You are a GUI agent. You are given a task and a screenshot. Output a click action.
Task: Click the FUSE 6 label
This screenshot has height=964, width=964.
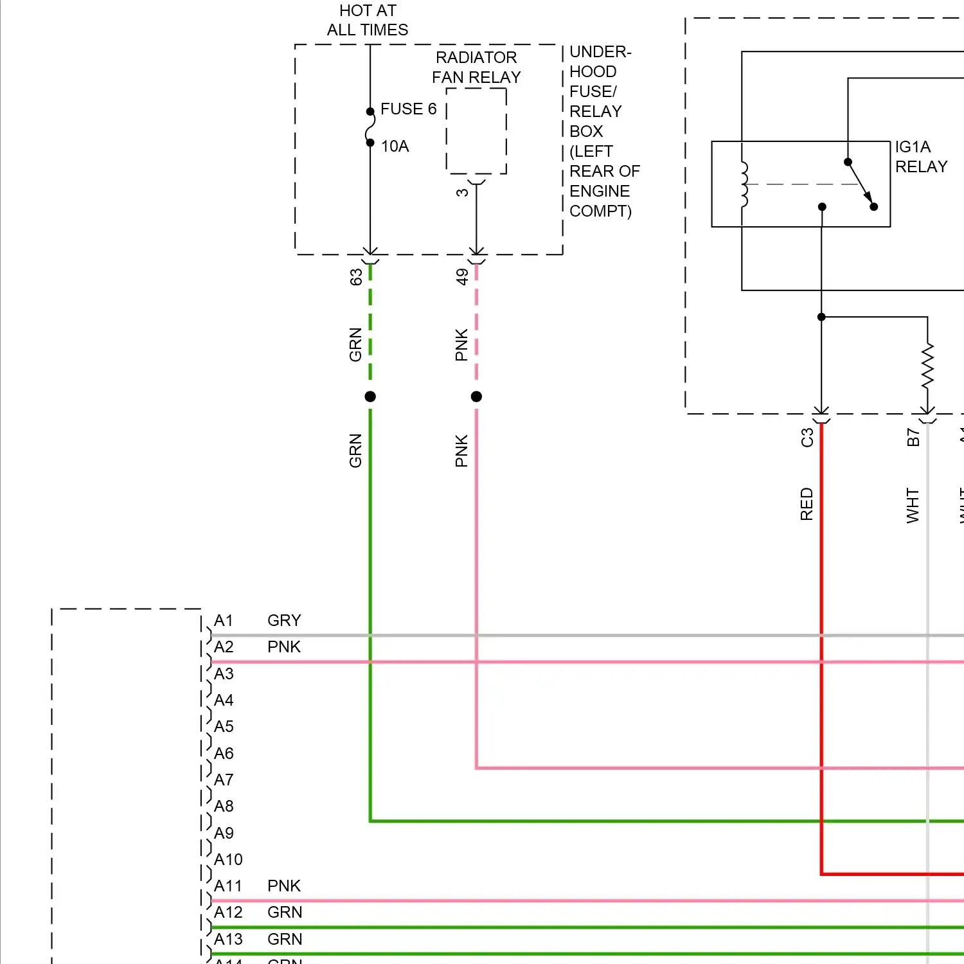pyautogui.click(x=408, y=109)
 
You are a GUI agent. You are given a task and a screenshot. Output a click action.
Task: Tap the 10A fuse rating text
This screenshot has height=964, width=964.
pyautogui.click(x=395, y=147)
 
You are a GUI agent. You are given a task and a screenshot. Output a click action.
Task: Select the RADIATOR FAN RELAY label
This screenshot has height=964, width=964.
pyautogui.click(x=476, y=67)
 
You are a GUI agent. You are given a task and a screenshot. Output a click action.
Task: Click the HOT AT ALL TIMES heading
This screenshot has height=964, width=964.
pyautogui.click(x=368, y=21)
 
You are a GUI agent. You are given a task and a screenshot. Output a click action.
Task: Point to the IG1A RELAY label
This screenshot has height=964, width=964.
pyautogui.click(x=920, y=157)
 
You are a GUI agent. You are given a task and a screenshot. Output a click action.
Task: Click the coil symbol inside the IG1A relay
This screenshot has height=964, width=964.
pyautogui.click(x=744, y=184)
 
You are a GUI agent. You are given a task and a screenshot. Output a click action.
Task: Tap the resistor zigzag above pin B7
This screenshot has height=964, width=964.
pyautogui.click(x=927, y=366)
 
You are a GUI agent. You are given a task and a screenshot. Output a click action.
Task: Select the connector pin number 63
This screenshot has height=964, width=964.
pyautogui.click(x=356, y=277)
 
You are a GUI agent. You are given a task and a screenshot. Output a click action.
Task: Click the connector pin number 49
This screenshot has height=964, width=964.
pyautogui.click(x=462, y=277)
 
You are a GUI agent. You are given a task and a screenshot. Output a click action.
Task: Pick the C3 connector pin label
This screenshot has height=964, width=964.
pyautogui.click(x=807, y=438)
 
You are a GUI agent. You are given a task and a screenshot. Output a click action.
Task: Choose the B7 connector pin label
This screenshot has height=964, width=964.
pyautogui.click(x=913, y=438)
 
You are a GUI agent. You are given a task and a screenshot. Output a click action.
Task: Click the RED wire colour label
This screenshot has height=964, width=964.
pyautogui.click(x=807, y=504)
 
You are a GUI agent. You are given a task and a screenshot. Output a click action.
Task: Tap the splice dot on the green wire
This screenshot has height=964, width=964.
pyautogui.click(x=370, y=397)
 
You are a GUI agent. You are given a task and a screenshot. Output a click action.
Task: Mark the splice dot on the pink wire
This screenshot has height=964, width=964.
pyautogui.click(x=476, y=397)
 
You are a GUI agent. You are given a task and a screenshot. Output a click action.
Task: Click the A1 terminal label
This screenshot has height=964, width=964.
pyautogui.click(x=224, y=621)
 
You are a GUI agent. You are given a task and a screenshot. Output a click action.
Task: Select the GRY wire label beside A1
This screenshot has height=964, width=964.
pyautogui.click(x=284, y=621)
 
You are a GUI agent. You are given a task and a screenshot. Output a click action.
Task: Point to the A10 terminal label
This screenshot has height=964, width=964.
pyautogui.click(x=228, y=860)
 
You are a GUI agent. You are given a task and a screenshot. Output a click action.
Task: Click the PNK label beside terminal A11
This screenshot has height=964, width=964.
pyautogui.click(x=284, y=886)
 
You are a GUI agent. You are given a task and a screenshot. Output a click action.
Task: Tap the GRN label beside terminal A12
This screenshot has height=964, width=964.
pyautogui.click(x=285, y=913)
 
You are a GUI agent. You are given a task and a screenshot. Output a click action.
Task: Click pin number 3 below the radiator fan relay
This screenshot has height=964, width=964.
pyautogui.click(x=462, y=193)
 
